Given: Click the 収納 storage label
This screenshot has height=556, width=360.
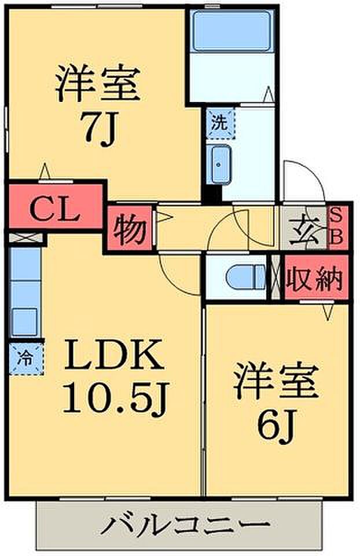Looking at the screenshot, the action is click(314, 277).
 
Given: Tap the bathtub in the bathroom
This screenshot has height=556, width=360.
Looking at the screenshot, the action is click(232, 31).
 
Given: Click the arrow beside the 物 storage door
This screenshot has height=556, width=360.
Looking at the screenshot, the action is click(164, 217).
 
